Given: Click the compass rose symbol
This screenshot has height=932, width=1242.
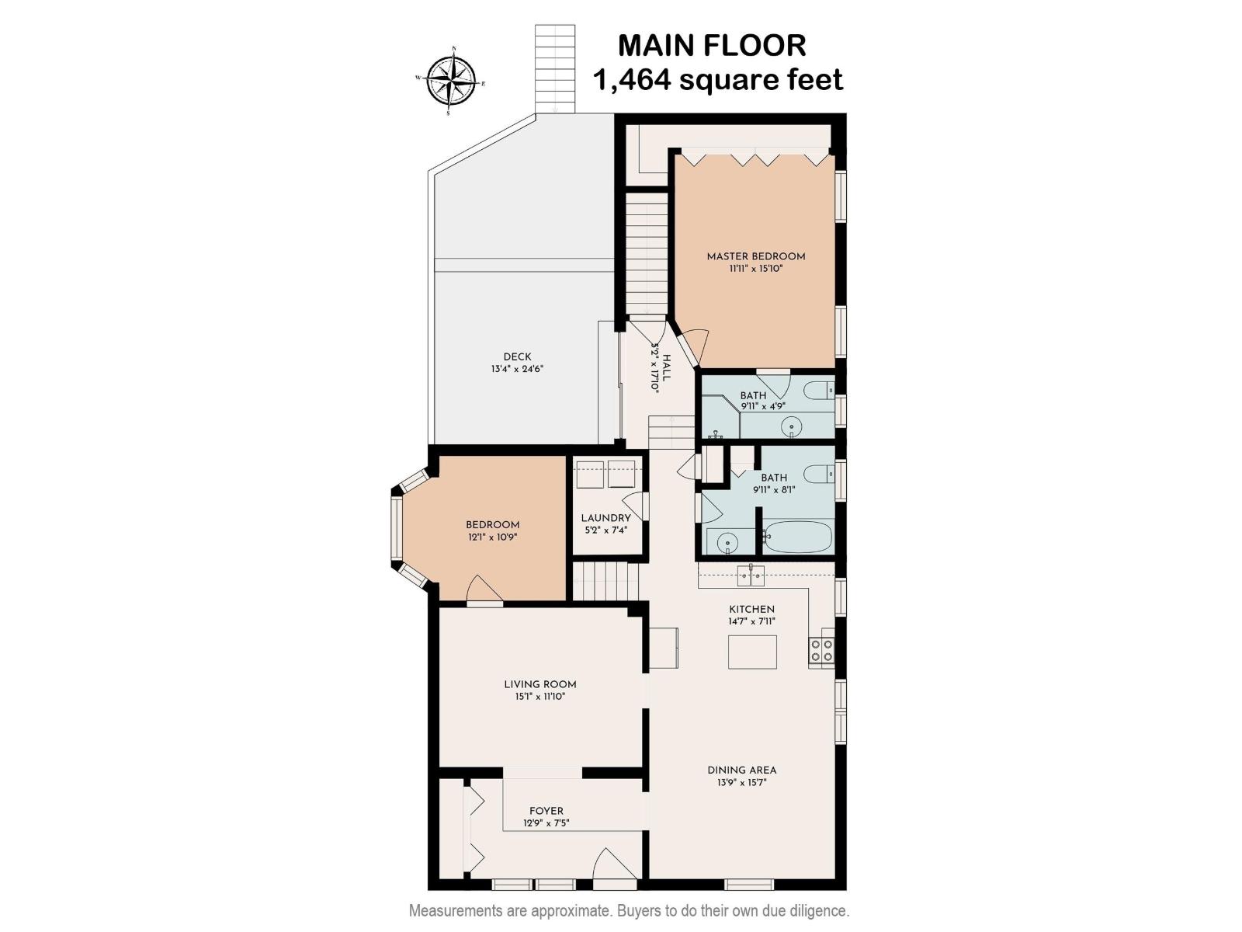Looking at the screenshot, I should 451,80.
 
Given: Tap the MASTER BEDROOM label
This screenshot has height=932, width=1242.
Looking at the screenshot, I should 755,256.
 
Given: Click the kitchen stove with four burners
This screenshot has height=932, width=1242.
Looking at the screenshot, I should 821,650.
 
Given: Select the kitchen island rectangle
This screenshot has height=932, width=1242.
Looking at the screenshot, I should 751,652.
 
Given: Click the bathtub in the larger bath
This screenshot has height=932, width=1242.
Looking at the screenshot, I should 797,537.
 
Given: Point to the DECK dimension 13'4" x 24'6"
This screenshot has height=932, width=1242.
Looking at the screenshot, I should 517,370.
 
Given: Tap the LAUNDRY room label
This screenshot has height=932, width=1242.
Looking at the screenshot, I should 605,518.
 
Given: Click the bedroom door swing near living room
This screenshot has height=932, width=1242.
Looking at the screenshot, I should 484,589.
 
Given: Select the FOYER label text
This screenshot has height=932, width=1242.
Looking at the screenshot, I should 546,811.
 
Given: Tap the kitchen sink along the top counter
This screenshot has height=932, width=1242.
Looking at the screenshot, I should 751,576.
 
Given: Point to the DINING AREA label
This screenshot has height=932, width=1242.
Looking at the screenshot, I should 741,770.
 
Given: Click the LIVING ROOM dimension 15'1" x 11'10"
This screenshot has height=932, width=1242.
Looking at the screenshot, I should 540,697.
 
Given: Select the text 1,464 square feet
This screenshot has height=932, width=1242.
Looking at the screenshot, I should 717,80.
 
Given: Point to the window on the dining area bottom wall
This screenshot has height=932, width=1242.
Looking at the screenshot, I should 749,884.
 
